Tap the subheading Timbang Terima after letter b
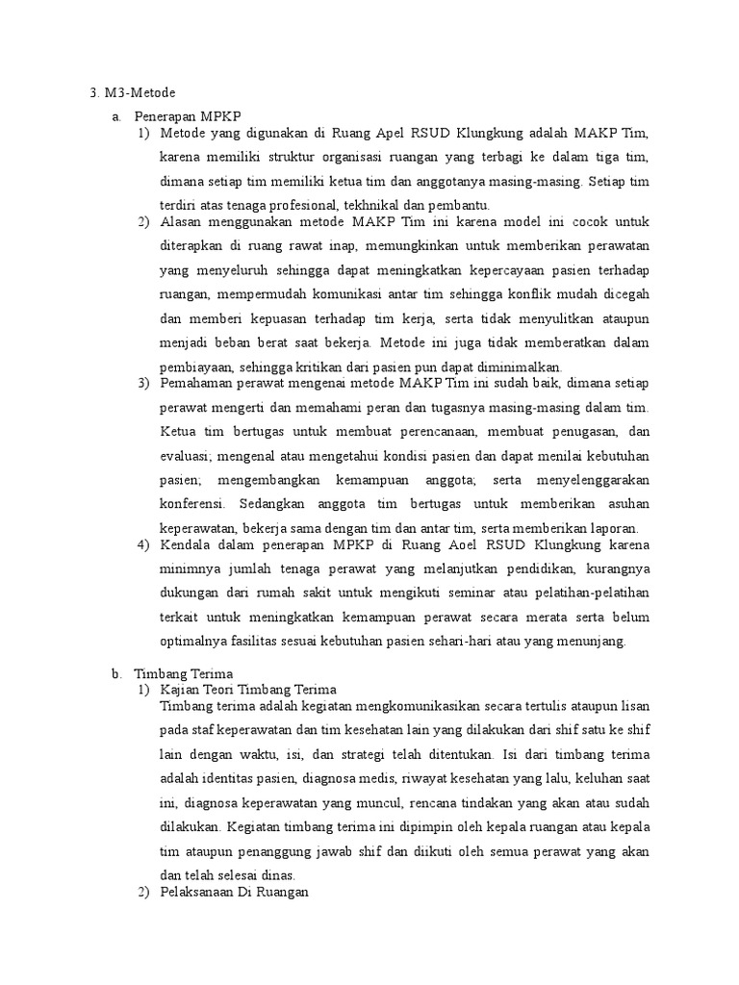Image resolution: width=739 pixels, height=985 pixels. [x=183, y=674]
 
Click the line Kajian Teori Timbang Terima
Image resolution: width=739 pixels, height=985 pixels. [x=248, y=690]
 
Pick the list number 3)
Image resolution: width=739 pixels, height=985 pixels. [x=143, y=383]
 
